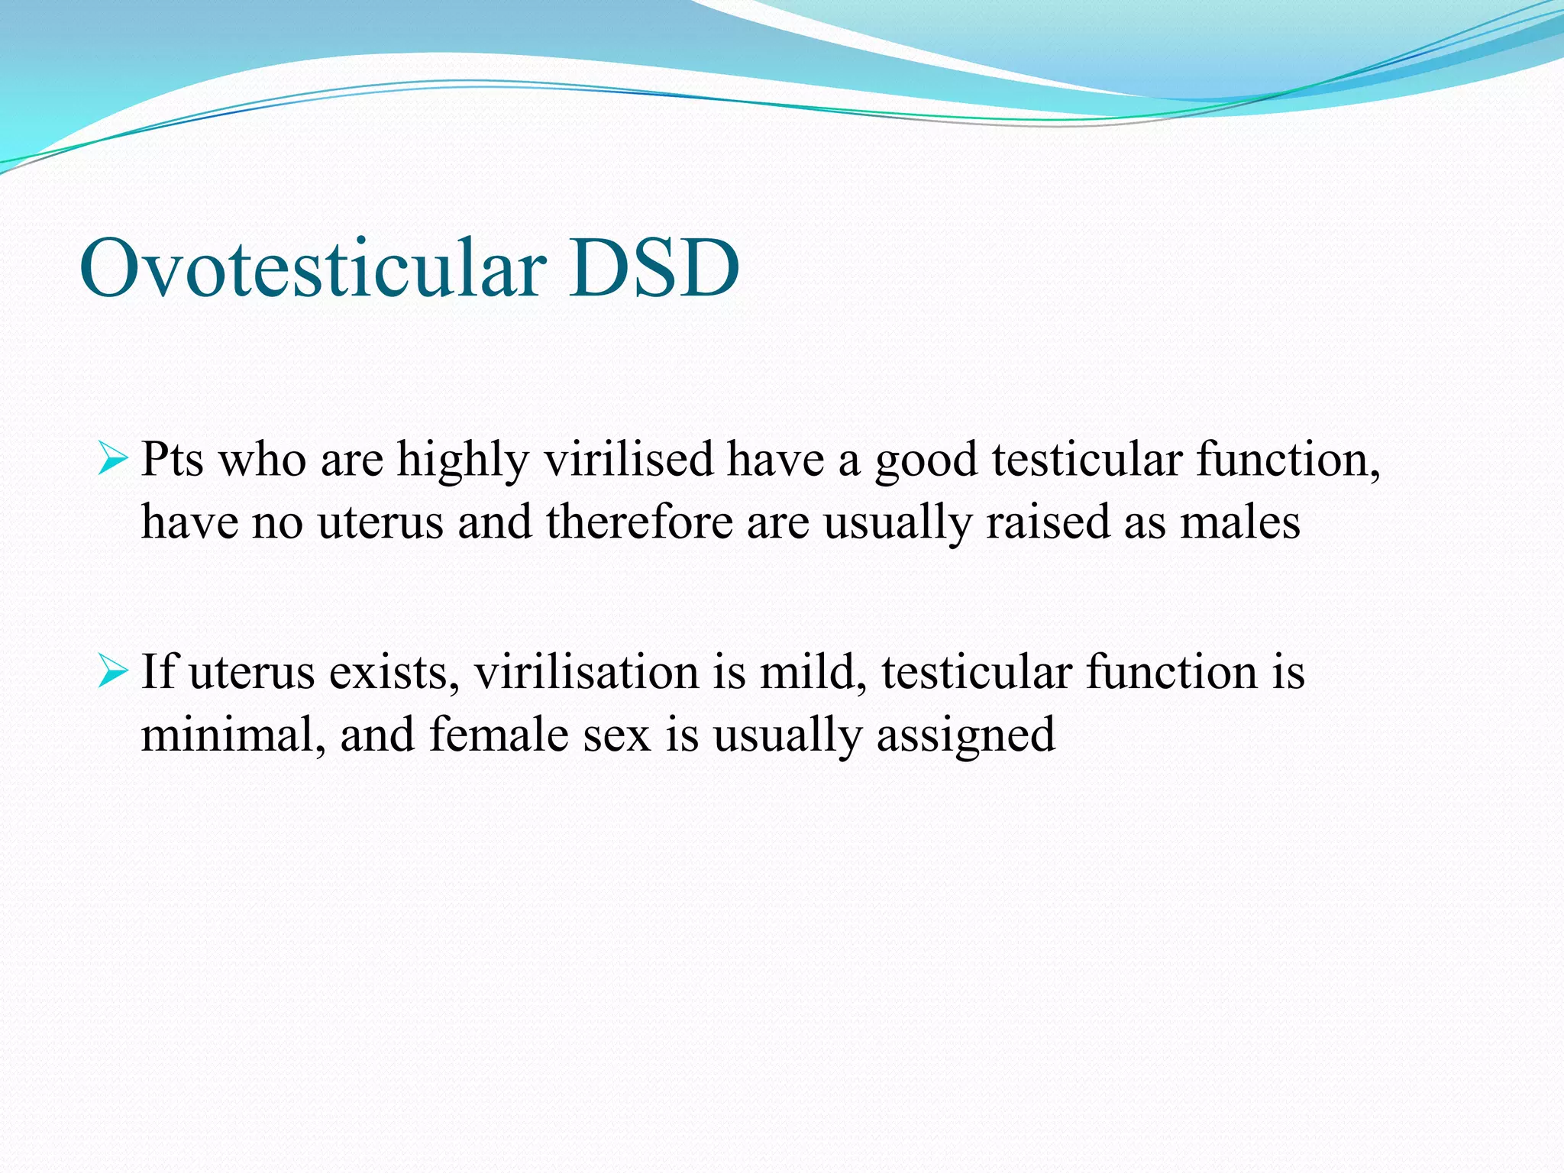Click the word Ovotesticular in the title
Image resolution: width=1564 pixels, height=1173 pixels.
point(313,269)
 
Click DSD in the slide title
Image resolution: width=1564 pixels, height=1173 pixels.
point(654,269)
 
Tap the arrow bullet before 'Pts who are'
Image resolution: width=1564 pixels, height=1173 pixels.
point(113,460)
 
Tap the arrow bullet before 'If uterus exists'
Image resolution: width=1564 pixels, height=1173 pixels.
point(113,672)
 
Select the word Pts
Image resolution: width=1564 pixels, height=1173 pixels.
point(173,460)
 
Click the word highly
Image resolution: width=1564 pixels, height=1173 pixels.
point(463,461)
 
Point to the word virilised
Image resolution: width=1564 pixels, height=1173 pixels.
point(629,460)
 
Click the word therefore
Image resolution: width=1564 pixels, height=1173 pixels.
point(639,522)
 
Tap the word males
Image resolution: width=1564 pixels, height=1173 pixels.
point(1239,522)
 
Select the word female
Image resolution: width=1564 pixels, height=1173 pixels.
point(499,735)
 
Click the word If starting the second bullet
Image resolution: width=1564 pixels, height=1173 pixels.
point(158,672)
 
